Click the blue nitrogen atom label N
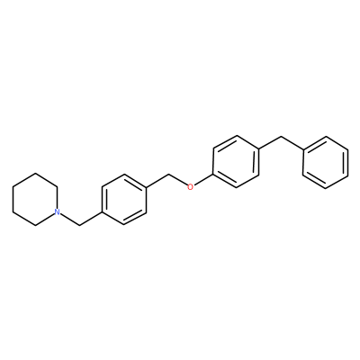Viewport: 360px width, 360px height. pos(57,212)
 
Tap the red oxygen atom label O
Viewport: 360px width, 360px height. pos(190,187)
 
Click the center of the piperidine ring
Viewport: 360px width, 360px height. pos(34,199)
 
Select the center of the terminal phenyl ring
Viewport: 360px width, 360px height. pos(326,162)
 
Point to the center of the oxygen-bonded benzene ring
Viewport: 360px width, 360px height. pos(236,162)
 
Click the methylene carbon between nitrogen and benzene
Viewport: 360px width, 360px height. pos(79,225)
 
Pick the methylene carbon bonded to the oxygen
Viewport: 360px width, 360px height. pos(169,174)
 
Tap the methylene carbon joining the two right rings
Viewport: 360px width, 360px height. pos(281,137)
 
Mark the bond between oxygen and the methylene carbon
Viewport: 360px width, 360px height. pos(178,179)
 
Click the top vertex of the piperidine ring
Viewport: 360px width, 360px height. pos(35,173)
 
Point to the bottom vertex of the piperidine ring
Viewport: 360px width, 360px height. pos(35,226)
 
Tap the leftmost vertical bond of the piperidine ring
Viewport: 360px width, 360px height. pos(13,199)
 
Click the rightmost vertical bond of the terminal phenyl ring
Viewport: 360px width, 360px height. pos(348,162)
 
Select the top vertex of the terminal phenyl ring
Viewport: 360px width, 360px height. pos(326,137)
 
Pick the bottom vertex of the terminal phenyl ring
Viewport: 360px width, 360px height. pos(326,188)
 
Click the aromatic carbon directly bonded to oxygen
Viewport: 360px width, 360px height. pos(212,175)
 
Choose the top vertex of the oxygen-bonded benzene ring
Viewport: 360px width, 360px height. pos(236,136)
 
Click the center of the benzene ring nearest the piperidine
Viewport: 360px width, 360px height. pos(124,199)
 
